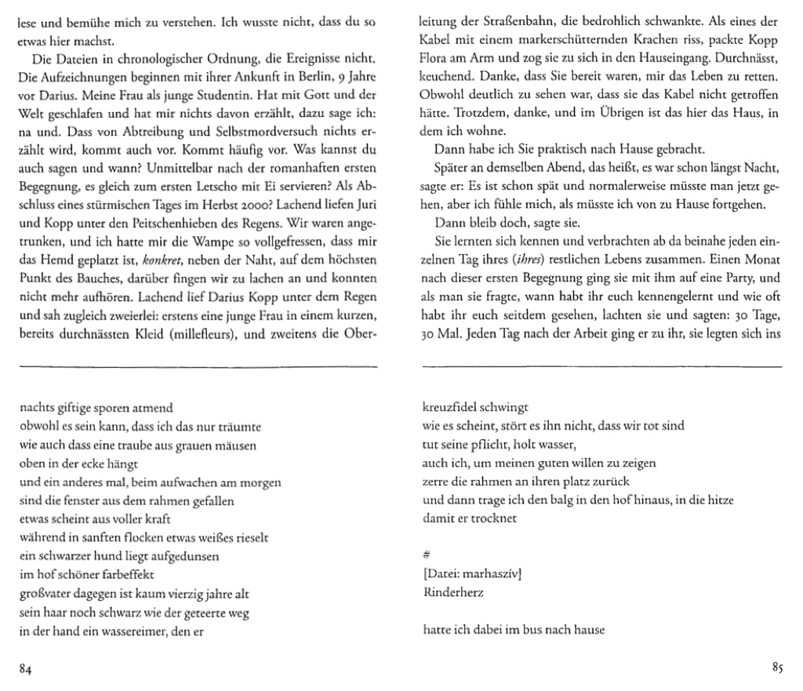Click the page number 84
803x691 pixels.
(x=25, y=669)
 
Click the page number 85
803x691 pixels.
(x=776, y=669)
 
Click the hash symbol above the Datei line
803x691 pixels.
(x=427, y=555)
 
